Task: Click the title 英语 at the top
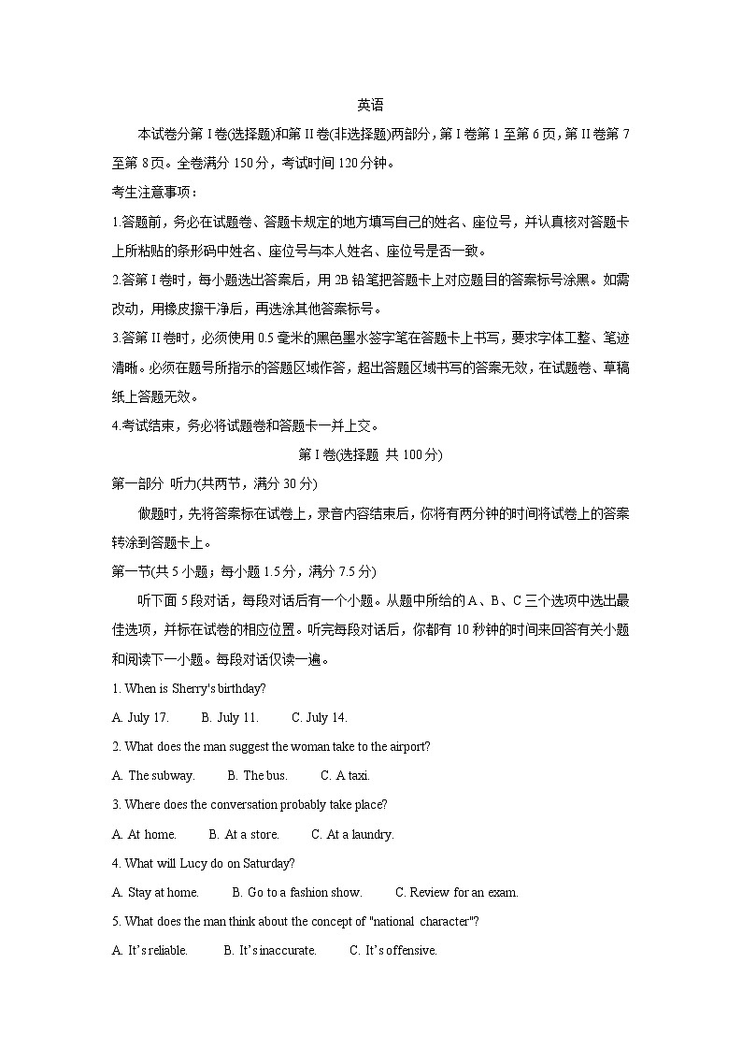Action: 371,106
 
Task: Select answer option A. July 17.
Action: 140,718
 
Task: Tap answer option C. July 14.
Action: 319,718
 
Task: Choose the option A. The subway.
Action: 153,776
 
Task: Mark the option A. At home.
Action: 144,835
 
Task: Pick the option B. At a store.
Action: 243,835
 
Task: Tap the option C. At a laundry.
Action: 352,835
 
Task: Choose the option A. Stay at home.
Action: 155,893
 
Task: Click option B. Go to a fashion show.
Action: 296,893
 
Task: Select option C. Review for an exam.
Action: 456,893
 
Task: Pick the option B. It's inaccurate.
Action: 270,951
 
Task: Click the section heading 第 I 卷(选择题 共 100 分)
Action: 370,455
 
